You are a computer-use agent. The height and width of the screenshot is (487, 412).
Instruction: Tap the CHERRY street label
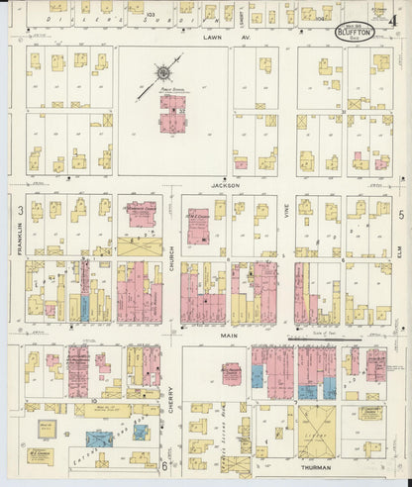170,397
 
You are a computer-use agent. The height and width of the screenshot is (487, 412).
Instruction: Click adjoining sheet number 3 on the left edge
20,211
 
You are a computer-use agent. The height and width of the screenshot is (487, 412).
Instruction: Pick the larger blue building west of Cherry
100,438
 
